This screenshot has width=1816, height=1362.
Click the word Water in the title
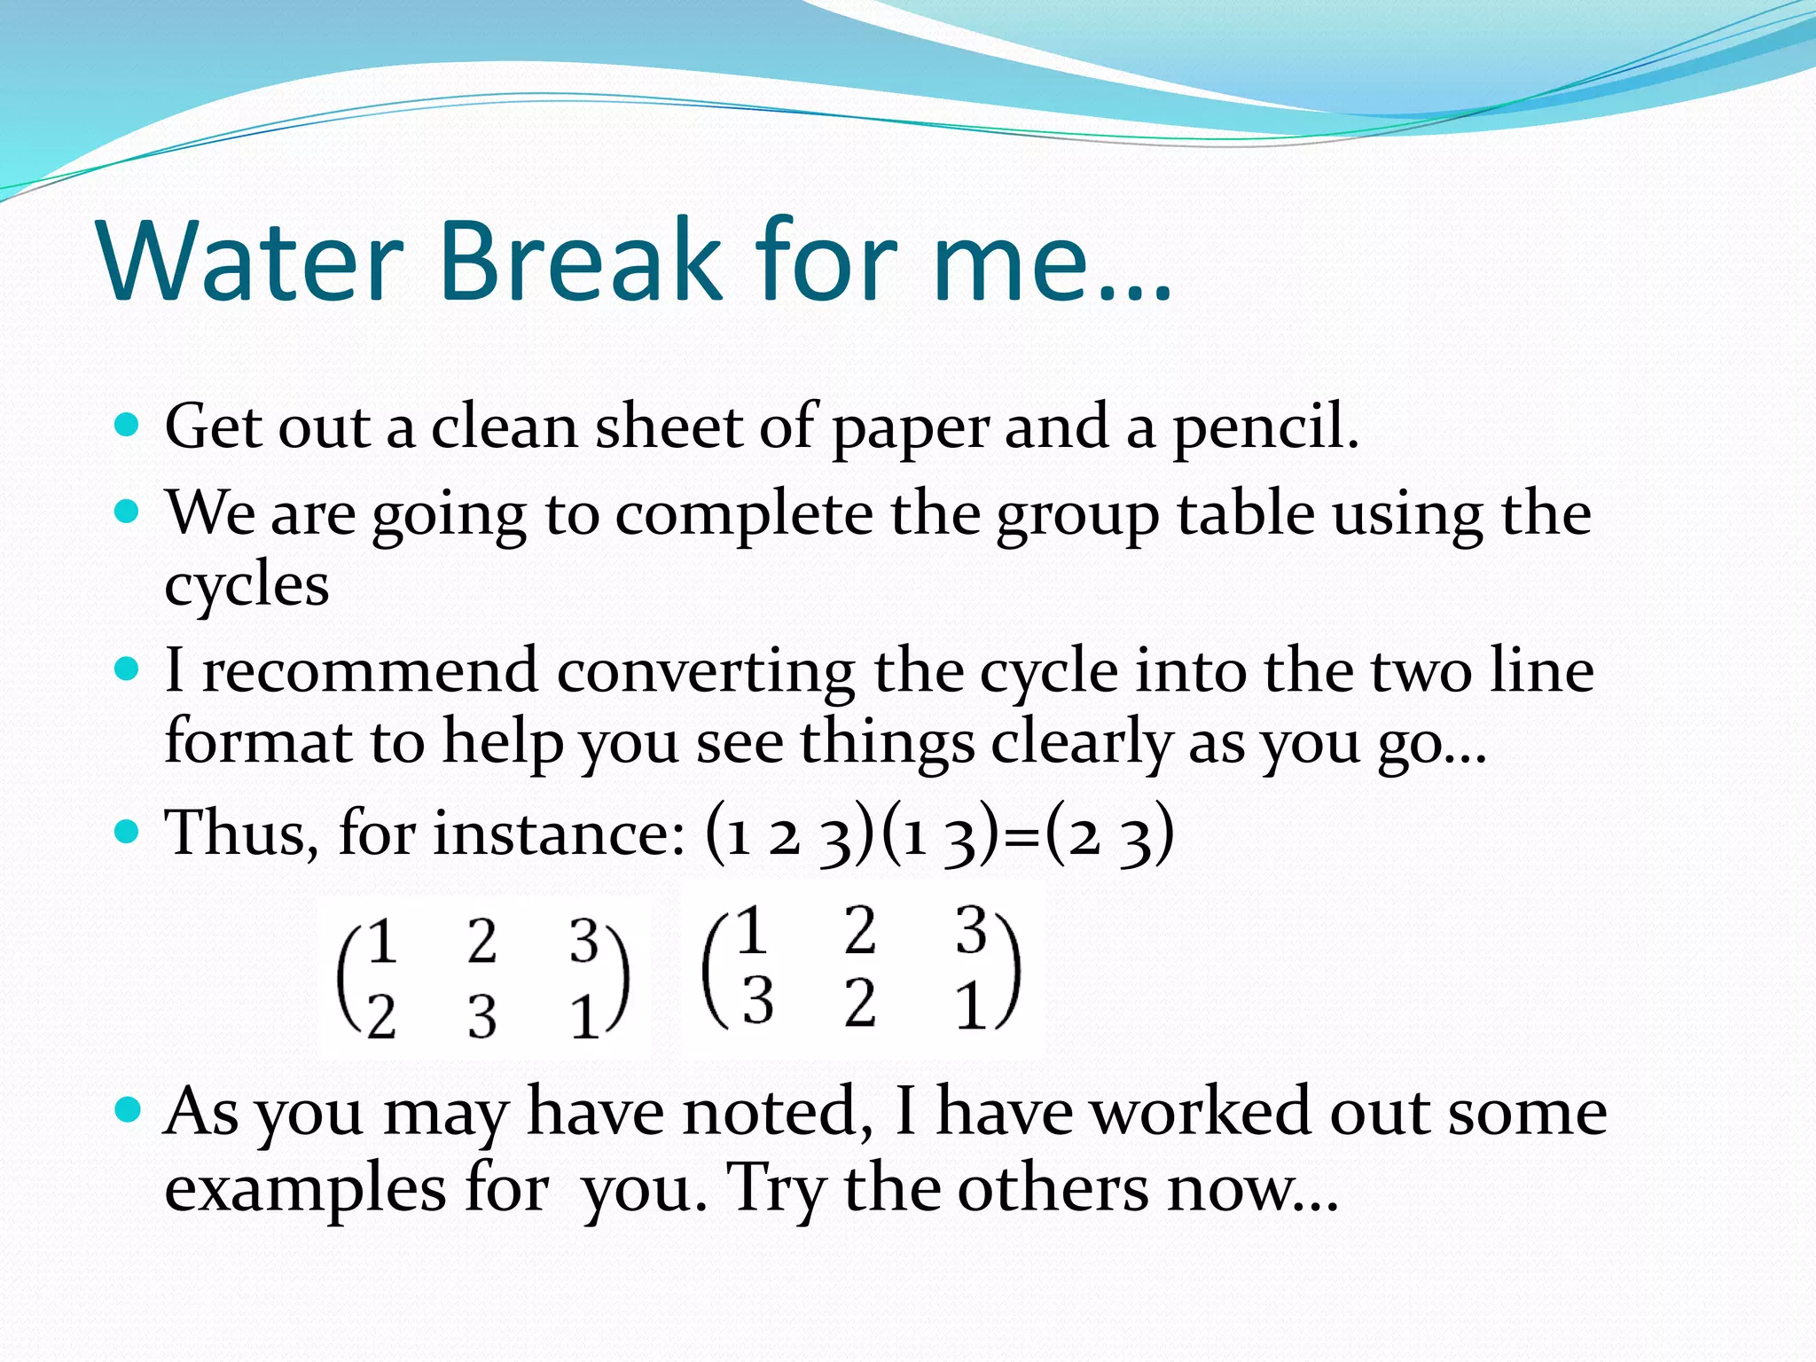click(252, 261)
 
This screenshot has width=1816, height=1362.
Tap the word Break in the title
click(581, 261)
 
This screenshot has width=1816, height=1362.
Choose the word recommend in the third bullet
click(370, 670)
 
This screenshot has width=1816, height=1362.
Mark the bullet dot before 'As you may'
click(128, 1110)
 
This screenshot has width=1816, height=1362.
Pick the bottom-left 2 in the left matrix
click(381, 1016)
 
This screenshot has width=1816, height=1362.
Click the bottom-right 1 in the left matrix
click(583, 1016)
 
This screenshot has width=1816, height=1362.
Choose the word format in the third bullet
click(258, 741)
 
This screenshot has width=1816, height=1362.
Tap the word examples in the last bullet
click(305, 1190)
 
